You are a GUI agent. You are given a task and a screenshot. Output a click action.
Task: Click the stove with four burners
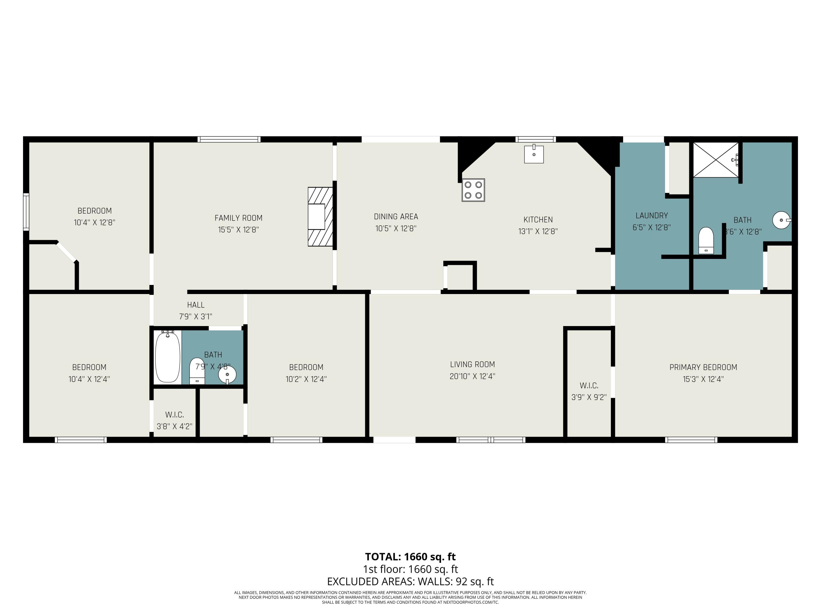tap(473, 190)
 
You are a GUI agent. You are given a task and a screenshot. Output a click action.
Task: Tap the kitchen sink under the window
tap(534, 154)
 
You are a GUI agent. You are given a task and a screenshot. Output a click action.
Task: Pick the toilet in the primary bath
tap(706, 241)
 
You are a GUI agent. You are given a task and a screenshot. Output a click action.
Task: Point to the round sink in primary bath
tap(781, 220)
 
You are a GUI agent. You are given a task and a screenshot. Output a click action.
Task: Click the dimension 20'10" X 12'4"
tap(472, 376)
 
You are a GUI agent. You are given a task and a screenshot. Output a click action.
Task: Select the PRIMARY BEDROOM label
tap(703, 367)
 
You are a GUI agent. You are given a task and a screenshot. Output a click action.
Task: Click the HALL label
tap(196, 305)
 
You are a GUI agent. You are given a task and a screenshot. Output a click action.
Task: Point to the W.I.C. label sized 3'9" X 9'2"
tap(589, 386)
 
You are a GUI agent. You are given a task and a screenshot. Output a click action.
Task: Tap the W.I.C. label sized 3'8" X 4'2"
tap(174, 415)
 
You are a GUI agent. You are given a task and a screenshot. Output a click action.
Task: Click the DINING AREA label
tap(396, 217)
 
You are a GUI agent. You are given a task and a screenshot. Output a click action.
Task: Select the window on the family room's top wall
tap(229, 139)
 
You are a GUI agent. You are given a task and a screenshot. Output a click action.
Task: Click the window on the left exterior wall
tap(26, 212)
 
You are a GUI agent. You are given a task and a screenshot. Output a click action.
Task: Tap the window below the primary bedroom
tap(691, 440)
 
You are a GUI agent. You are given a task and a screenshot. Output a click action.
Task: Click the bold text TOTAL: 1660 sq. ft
tap(410, 557)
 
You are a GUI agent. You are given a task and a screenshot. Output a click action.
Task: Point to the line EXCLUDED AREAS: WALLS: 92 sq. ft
tap(410, 581)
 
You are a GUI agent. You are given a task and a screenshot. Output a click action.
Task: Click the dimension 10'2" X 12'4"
tap(306, 379)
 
